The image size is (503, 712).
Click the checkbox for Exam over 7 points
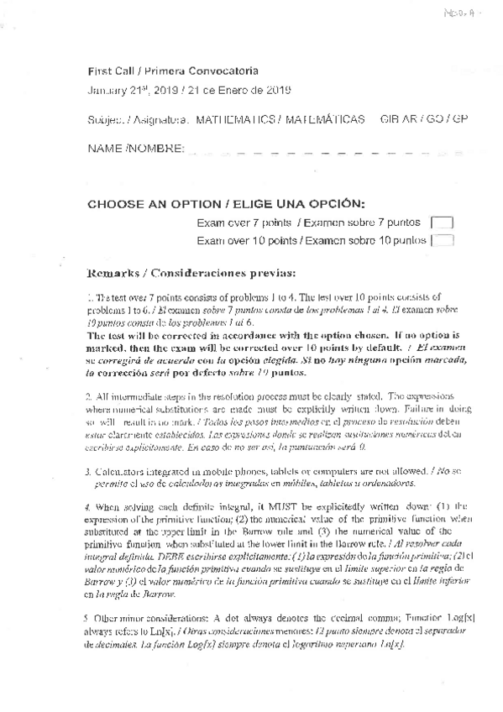point(441,222)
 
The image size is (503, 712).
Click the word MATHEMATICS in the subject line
point(238,120)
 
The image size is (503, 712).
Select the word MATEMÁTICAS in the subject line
point(325,120)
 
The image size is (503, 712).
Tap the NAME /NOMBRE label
point(136,149)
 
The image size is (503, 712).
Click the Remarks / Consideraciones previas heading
point(191,273)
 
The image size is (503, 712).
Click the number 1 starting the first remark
point(89,298)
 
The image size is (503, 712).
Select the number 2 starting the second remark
point(89,395)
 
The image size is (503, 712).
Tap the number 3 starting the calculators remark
point(89,471)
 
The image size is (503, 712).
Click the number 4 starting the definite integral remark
point(89,508)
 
